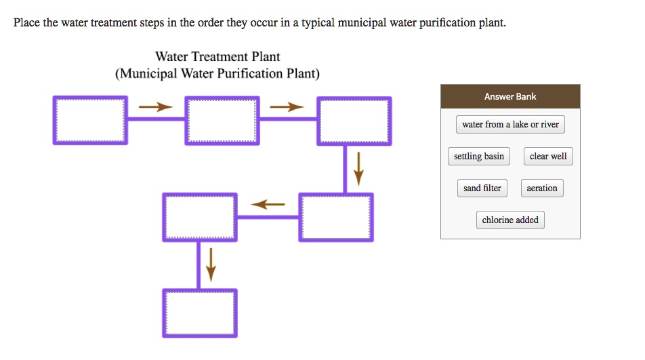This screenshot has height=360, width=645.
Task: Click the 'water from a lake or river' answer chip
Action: (x=510, y=125)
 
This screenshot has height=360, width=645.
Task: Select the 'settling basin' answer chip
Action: (x=479, y=157)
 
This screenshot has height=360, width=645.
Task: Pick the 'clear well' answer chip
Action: (x=548, y=157)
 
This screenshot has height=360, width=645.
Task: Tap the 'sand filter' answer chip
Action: (x=482, y=188)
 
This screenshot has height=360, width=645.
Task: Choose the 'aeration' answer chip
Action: (x=542, y=188)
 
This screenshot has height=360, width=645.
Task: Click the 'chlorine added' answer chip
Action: (x=510, y=220)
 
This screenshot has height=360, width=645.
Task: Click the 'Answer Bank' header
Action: (x=510, y=97)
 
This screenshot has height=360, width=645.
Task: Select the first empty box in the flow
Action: (x=90, y=120)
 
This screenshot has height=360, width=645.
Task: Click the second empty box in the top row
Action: (x=222, y=120)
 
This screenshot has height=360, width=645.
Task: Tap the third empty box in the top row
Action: (x=354, y=120)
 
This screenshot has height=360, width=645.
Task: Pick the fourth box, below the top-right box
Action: (x=336, y=217)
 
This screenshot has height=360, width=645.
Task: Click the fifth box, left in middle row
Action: (x=200, y=217)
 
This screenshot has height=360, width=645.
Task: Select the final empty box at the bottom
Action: (x=200, y=313)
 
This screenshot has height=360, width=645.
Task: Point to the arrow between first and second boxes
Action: (x=156, y=107)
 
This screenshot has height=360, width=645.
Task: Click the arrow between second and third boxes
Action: (x=287, y=107)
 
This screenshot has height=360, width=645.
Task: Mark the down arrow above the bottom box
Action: (x=211, y=264)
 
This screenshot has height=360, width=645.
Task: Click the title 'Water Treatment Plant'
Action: (x=217, y=57)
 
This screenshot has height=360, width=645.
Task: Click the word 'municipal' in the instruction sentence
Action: (x=359, y=23)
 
